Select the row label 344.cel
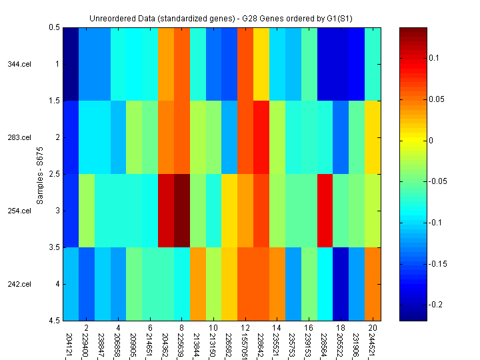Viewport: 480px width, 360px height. (19, 65)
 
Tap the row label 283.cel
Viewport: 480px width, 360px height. (19, 138)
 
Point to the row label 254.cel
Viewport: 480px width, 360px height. (19, 211)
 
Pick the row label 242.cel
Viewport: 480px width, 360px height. (19, 285)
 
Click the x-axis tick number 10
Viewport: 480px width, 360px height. (213, 328)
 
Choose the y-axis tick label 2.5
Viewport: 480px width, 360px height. (53, 174)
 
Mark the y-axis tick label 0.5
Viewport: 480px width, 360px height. (53, 28)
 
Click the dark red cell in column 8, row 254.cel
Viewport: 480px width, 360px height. (182, 211)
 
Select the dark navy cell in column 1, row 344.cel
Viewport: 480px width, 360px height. (71, 64)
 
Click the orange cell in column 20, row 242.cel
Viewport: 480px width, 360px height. (373, 284)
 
